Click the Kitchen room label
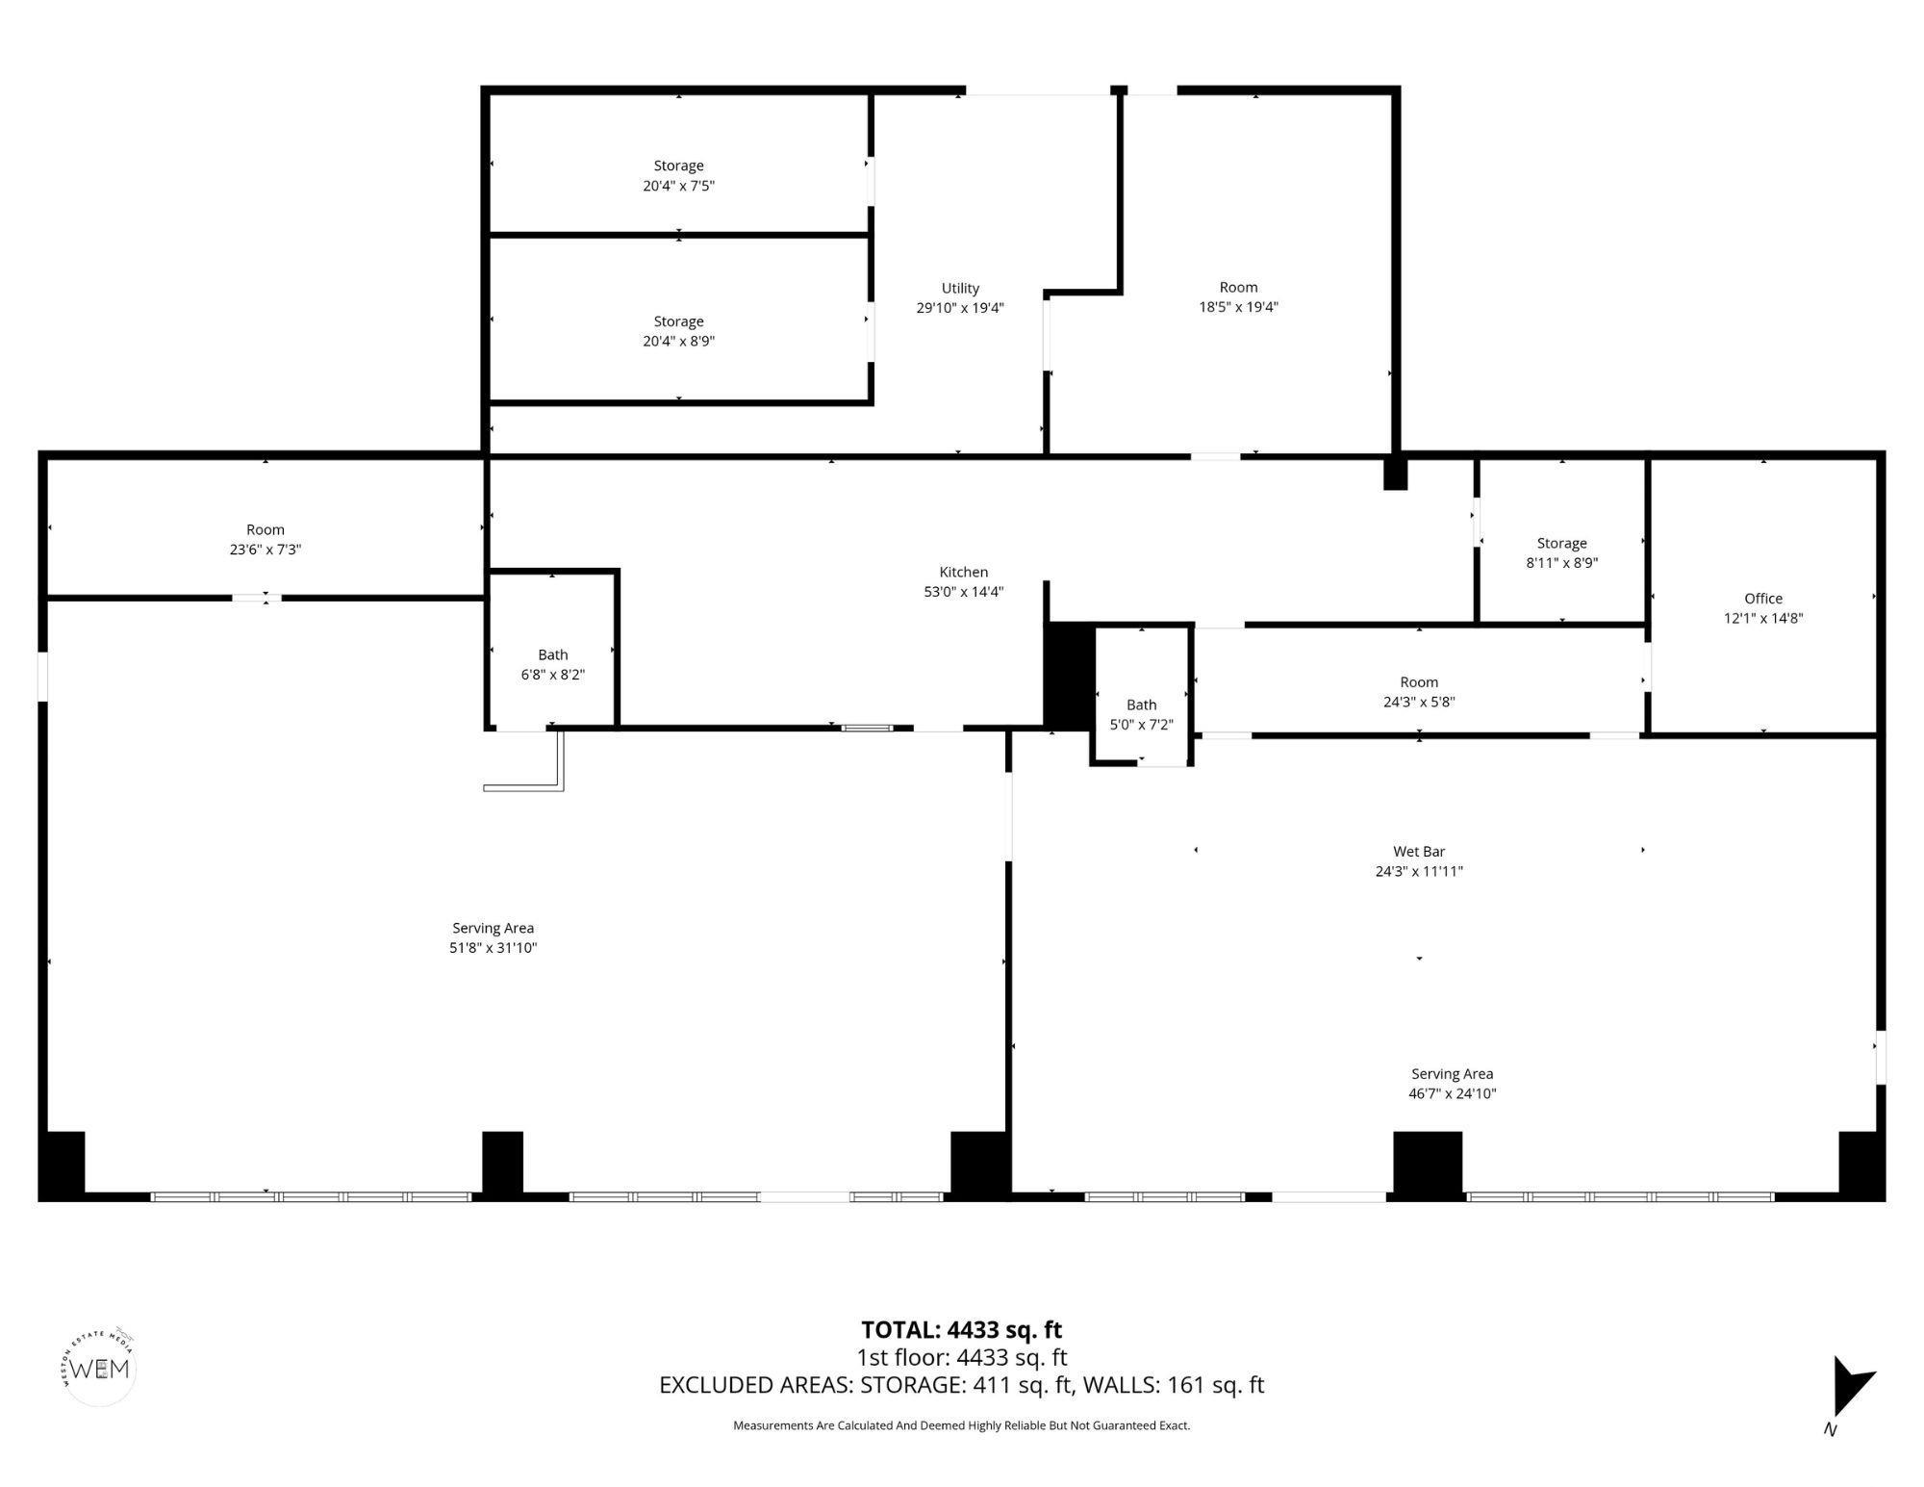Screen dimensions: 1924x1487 click(x=963, y=572)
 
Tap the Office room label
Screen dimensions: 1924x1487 click(x=1762, y=599)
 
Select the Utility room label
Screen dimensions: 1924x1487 click(x=960, y=288)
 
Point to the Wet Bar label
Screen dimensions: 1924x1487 click(x=1419, y=852)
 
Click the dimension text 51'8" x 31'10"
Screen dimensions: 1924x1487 click(x=493, y=948)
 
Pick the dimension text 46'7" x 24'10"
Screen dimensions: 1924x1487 click(x=1452, y=1093)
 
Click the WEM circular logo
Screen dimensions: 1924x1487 click(x=99, y=1368)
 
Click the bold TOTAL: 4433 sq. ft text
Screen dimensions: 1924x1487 click(x=961, y=1329)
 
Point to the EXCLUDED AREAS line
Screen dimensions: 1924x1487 click(x=961, y=1385)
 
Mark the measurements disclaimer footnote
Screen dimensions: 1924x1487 click(x=961, y=1425)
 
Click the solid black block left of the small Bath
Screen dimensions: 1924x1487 click(x=1070, y=676)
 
